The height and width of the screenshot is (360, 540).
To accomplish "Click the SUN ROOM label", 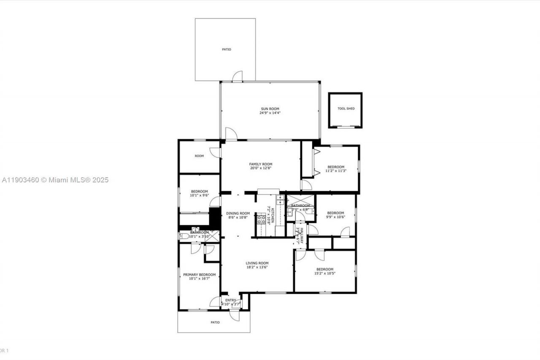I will tap(270, 109).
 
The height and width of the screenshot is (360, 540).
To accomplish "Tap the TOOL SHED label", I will tap(346, 108).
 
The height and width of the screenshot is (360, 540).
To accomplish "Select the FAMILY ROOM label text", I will tap(260, 164).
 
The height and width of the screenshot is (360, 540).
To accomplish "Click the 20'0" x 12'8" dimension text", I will tap(260, 168).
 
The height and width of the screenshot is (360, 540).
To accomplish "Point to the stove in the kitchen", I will tap(261, 219).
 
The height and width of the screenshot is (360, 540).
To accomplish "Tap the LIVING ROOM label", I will tap(257, 263).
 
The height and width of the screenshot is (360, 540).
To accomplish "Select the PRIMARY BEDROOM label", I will tap(199, 275).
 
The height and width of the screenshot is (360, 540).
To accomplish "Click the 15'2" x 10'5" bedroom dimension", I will tap(325, 273).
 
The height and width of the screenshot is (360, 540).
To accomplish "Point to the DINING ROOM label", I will tap(238, 214).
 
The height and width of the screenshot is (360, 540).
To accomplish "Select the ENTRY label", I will tap(231, 300).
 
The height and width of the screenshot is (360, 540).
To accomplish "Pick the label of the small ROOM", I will tap(199, 156).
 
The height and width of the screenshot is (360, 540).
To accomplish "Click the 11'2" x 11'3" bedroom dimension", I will tap(336, 171).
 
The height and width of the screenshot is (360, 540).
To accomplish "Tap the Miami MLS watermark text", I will tap(55, 180).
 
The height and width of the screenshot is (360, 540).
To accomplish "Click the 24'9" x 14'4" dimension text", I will tap(270, 113).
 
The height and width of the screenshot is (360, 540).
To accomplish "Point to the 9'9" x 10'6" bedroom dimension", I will tap(335, 217).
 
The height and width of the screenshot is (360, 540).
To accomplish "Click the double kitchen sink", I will tap(280, 199).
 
